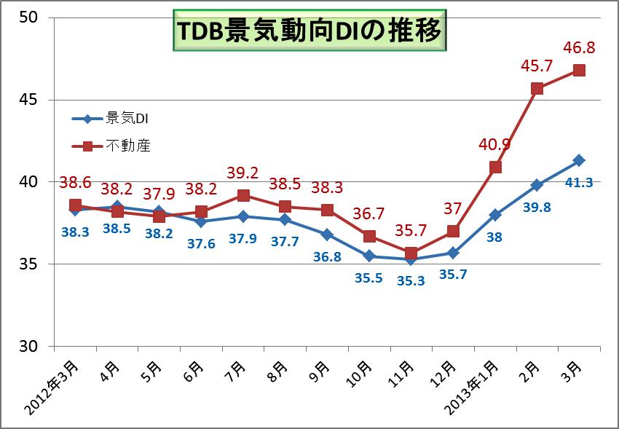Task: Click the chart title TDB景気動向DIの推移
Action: [308, 31]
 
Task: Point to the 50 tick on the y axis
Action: [28, 17]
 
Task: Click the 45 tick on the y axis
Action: [28, 100]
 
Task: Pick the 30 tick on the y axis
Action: [28, 346]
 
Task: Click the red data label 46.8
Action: [580, 49]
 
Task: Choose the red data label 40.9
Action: [495, 145]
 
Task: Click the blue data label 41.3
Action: [579, 182]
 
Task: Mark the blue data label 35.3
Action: [411, 280]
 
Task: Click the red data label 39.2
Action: [243, 173]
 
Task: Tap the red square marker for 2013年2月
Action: [537, 89]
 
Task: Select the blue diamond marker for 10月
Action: [369, 256]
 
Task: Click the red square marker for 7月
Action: [243, 195]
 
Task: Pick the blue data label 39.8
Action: [537, 208]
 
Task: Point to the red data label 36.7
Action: [369, 214]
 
